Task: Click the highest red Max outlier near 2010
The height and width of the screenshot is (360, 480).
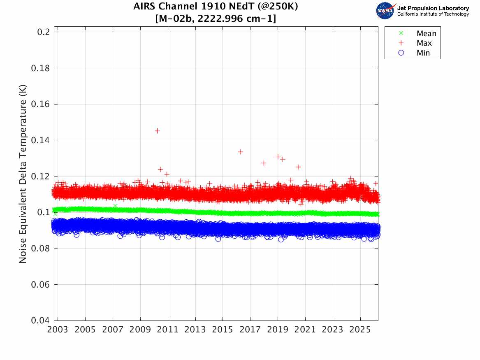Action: click(157, 131)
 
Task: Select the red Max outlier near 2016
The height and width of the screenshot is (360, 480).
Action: click(241, 152)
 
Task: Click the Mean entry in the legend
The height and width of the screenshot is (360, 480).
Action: click(426, 34)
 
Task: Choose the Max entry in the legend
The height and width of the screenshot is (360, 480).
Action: click(424, 43)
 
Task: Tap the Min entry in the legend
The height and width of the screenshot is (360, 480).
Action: click(423, 53)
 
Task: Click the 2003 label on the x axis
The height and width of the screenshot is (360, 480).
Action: click(58, 330)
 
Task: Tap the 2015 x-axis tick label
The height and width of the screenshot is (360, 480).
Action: click(223, 330)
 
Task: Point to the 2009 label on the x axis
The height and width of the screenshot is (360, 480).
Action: click(140, 330)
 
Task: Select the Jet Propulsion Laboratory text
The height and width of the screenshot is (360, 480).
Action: click(433, 8)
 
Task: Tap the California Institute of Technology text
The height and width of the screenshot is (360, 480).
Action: click(433, 14)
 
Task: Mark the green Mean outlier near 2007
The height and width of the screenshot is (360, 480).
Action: click(115, 206)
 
